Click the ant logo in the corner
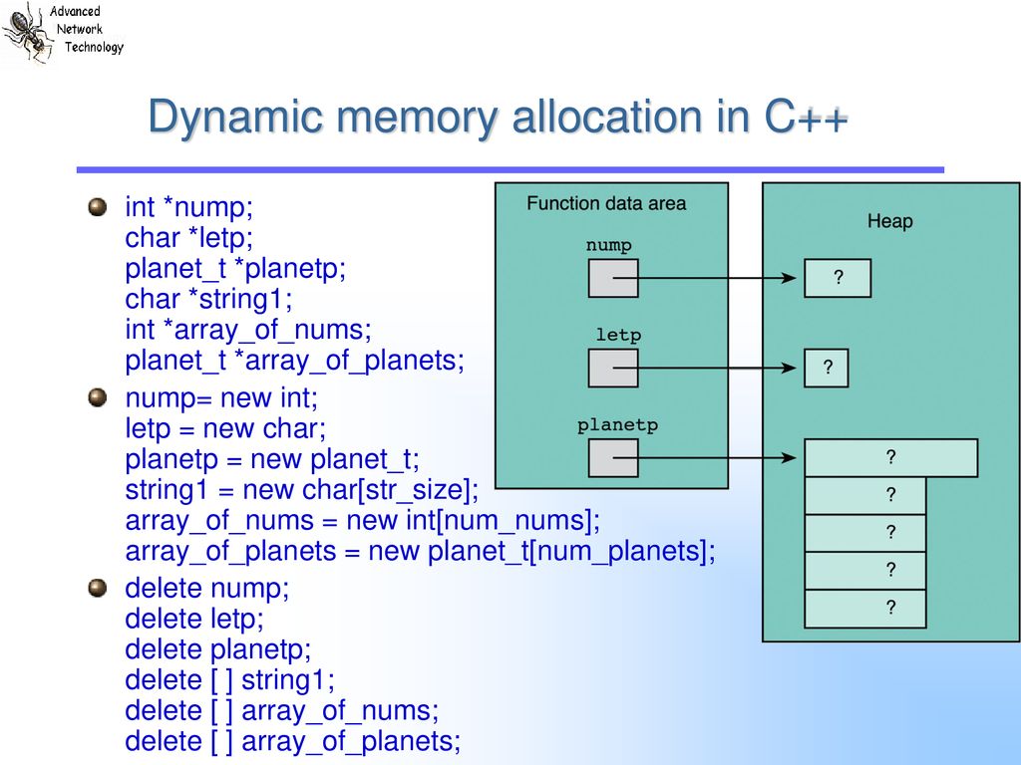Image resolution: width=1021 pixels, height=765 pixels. (x=27, y=33)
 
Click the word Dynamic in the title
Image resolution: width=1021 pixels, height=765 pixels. (x=235, y=118)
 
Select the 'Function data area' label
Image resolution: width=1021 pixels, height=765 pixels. (x=606, y=203)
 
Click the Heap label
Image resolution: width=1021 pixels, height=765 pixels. (x=889, y=221)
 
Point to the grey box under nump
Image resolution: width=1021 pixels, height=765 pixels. (x=613, y=279)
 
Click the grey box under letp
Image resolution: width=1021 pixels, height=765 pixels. (x=613, y=369)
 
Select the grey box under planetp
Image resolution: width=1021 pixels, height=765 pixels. (x=613, y=458)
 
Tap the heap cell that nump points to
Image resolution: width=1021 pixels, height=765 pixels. (x=838, y=279)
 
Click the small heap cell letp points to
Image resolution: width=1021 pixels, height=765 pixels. (x=827, y=369)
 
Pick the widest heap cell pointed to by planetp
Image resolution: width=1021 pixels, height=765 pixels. (x=890, y=458)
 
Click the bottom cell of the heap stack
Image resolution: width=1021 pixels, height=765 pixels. (x=865, y=609)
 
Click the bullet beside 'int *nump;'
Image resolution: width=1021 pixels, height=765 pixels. (x=97, y=207)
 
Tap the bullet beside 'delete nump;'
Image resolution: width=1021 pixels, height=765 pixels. (x=97, y=588)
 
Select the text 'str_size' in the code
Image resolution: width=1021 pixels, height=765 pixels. (x=413, y=490)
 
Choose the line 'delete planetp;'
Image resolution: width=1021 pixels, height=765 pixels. (x=218, y=649)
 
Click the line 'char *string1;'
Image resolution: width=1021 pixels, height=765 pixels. (x=209, y=299)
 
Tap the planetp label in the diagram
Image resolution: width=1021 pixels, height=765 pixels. (x=617, y=425)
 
